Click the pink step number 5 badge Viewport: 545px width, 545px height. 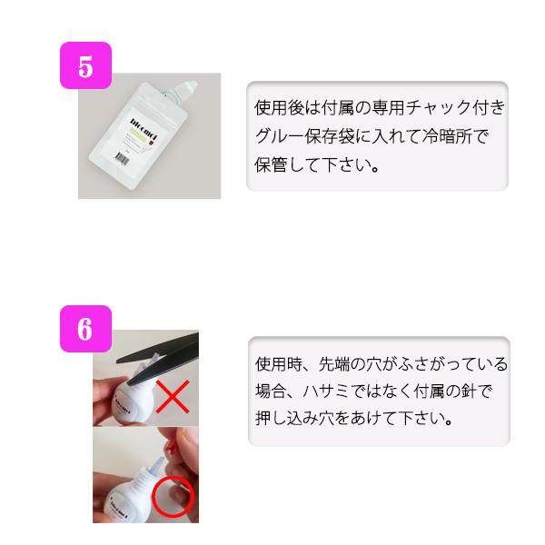[85, 65]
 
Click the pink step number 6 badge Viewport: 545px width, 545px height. [85, 328]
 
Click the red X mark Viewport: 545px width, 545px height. [173, 396]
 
